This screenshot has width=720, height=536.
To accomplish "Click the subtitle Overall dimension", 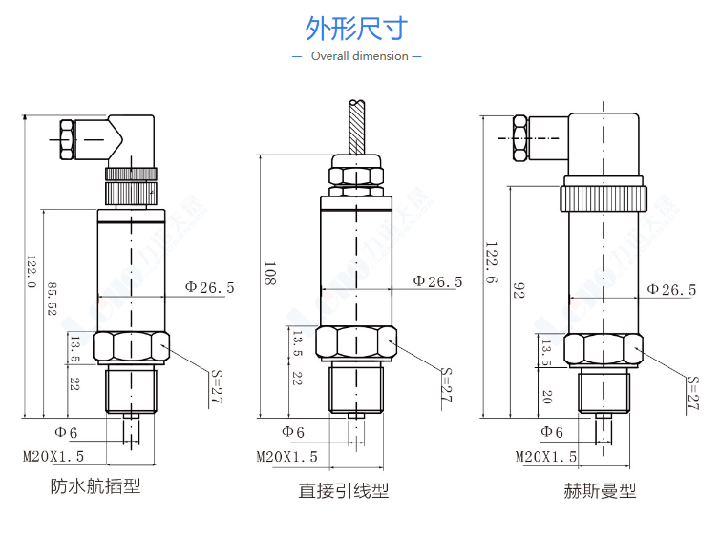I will pyautogui.click(x=359, y=56).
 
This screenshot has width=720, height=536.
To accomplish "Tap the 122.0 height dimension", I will pyautogui.click(x=31, y=272).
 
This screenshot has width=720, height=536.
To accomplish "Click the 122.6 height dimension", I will pyautogui.click(x=492, y=258).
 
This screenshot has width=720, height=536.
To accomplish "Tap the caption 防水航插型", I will pyautogui.click(x=95, y=487).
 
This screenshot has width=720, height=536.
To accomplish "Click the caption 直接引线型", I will pyautogui.click(x=344, y=491).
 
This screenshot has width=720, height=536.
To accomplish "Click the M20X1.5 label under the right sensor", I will pyautogui.click(x=546, y=457).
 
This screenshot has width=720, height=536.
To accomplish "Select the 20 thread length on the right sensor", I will pyautogui.click(x=545, y=395).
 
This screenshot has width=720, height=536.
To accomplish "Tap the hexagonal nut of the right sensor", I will pyautogui.click(x=603, y=350).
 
